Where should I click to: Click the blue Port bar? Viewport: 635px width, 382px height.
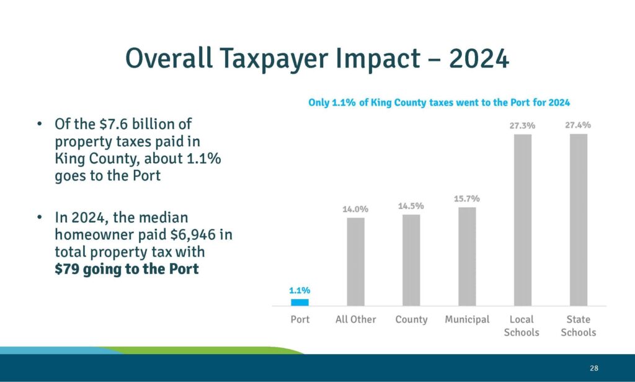click(x=300, y=302)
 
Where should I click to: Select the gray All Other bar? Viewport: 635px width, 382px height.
click(x=355, y=261)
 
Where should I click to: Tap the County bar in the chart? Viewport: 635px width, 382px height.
click(x=411, y=260)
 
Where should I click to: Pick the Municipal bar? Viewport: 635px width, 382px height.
click(x=467, y=256)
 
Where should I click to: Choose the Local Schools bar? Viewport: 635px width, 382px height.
click(x=523, y=220)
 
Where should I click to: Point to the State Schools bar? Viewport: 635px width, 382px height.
click(x=579, y=220)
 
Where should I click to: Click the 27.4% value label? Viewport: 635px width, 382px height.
click(x=578, y=125)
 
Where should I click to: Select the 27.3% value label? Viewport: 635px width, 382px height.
click(x=522, y=126)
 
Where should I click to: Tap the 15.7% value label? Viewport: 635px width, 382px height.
click(x=467, y=198)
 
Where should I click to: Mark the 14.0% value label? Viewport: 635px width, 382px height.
click(x=355, y=209)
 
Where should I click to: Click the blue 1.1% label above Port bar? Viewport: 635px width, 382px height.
click(x=300, y=290)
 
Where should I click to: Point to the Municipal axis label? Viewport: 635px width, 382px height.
click(x=467, y=319)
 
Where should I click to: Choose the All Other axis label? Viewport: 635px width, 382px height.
click(x=355, y=319)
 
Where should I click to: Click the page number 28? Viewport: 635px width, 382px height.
click(x=594, y=368)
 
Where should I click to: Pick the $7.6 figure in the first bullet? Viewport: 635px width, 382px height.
click(x=112, y=123)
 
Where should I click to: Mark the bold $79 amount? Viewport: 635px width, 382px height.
click(x=66, y=270)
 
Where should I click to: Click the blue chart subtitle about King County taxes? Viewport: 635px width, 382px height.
click(x=439, y=102)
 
